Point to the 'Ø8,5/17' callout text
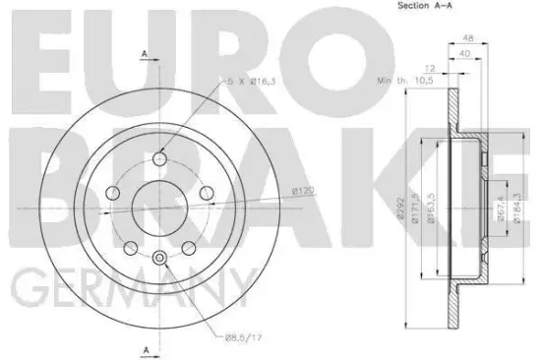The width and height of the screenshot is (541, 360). (244, 338)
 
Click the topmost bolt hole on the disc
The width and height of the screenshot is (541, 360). (160, 158)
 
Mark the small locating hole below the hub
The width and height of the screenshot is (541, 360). (159, 258)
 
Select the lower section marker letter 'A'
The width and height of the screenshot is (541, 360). (145, 350)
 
